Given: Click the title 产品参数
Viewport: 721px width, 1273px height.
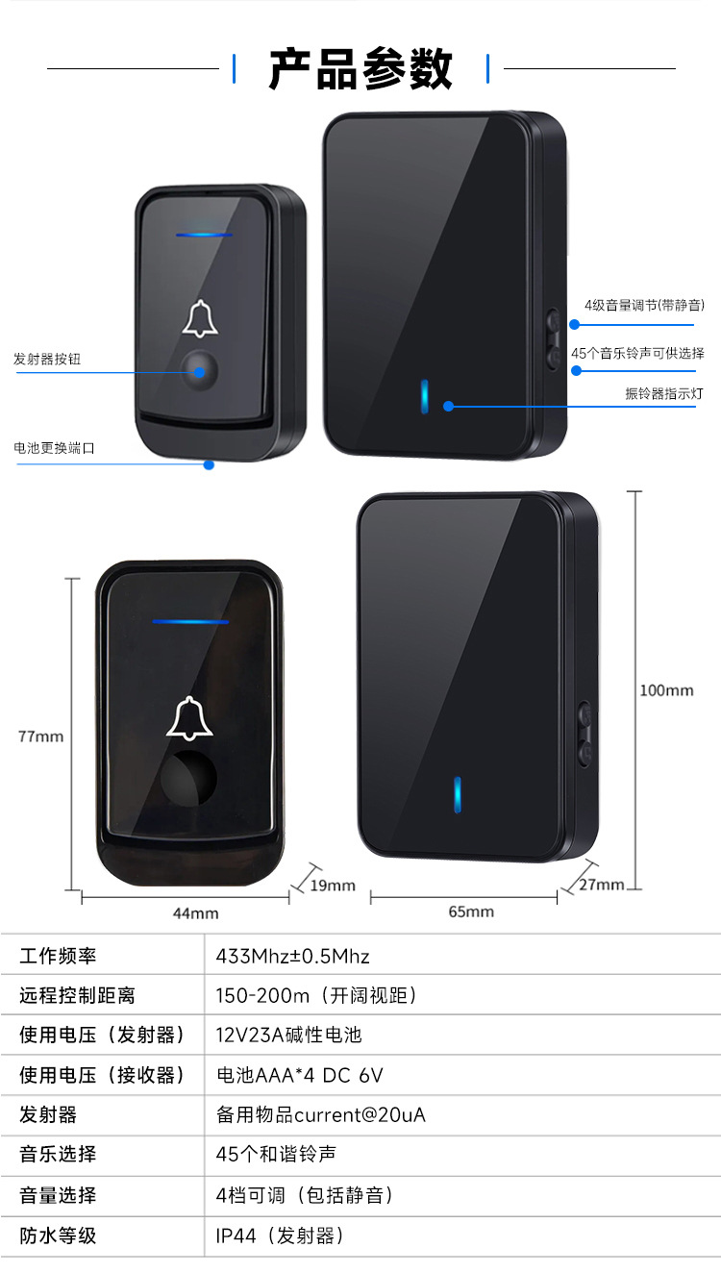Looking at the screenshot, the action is pos(360,69).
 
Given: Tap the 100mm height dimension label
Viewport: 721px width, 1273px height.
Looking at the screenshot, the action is pos(666,690).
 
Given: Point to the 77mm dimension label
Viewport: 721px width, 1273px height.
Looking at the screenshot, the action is pos(41,736).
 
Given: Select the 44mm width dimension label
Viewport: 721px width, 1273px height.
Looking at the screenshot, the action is pos(195,913).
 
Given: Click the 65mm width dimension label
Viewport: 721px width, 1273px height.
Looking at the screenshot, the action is pos(471,911).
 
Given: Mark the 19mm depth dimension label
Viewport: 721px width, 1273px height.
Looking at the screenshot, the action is pos(333,886).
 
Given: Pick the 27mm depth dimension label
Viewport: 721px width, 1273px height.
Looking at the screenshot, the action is pos(601,885).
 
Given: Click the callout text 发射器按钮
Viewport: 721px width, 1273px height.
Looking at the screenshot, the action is pos(47,359).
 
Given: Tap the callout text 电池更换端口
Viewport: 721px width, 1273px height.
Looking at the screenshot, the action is pos(54,448).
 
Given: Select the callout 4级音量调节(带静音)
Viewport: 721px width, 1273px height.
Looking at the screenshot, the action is pos(644,306).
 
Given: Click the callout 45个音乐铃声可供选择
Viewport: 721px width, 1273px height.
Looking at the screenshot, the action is pos(637,353).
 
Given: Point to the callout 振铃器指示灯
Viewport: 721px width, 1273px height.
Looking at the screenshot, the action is pos(664,393).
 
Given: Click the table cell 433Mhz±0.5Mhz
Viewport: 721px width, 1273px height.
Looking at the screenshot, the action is pos(293,957).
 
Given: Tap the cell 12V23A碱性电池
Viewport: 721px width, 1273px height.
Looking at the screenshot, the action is pos(288,1036).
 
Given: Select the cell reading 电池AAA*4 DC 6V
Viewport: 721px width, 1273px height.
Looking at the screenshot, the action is pos(300,1075).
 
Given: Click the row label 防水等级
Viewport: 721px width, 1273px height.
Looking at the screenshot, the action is pos(59,1236).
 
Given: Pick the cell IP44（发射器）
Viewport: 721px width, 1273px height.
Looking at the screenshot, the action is pos(280,1236).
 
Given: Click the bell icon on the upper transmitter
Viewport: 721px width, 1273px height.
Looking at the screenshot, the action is pos(200,319).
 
